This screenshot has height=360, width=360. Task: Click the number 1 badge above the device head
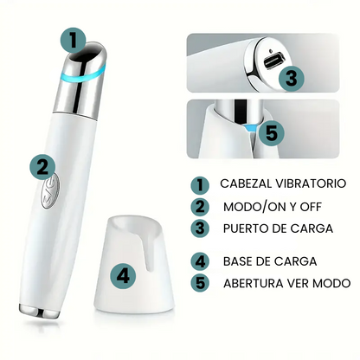click(74, 41)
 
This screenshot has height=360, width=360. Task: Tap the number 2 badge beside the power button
click(43, 166)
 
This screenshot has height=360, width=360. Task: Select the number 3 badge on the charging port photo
click(292, 78)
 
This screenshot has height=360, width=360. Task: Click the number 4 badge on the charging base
click(123, 276)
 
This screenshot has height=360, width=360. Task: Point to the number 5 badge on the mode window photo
click(272, 133)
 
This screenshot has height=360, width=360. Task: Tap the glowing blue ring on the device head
click(82, 76)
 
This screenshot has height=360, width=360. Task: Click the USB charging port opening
click(274, 61)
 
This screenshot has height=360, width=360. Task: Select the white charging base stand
click(134, 265)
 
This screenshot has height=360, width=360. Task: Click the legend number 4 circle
click(200, 261)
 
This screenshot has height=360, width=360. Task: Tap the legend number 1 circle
click(200, 185)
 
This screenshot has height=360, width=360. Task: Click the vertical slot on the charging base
click(148, 252)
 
